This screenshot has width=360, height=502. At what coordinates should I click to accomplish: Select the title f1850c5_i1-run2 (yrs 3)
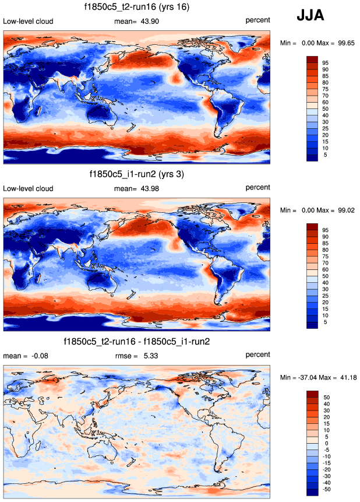(x=137, y=174)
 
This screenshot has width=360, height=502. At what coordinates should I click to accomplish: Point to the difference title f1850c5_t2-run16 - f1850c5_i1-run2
(x=137, y=341)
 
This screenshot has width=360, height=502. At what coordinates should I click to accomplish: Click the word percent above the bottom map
(x=257, y=354)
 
